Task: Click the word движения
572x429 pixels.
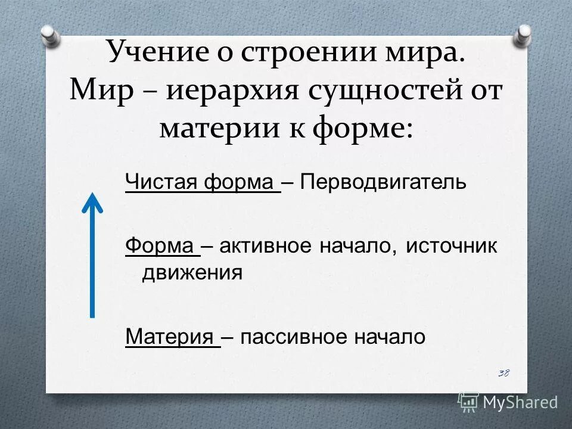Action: point(191,272)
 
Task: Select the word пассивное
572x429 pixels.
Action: point(284,337)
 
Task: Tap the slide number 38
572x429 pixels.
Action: point(503,373)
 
